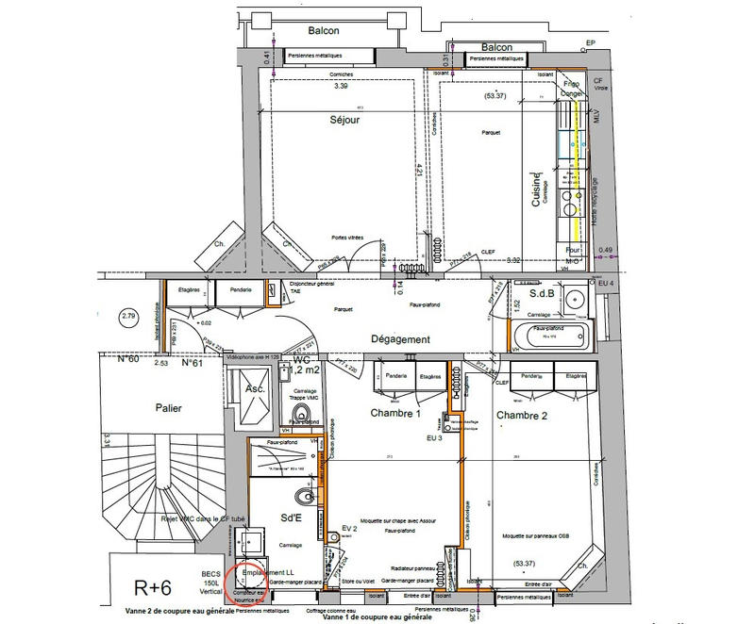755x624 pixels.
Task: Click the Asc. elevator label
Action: click(x=255, y=387)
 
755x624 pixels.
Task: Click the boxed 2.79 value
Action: click(x=130, y=315)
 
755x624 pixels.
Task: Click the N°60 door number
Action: click(x=129, y=359)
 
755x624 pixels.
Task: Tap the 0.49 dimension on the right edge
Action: click(x=606, y=250)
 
